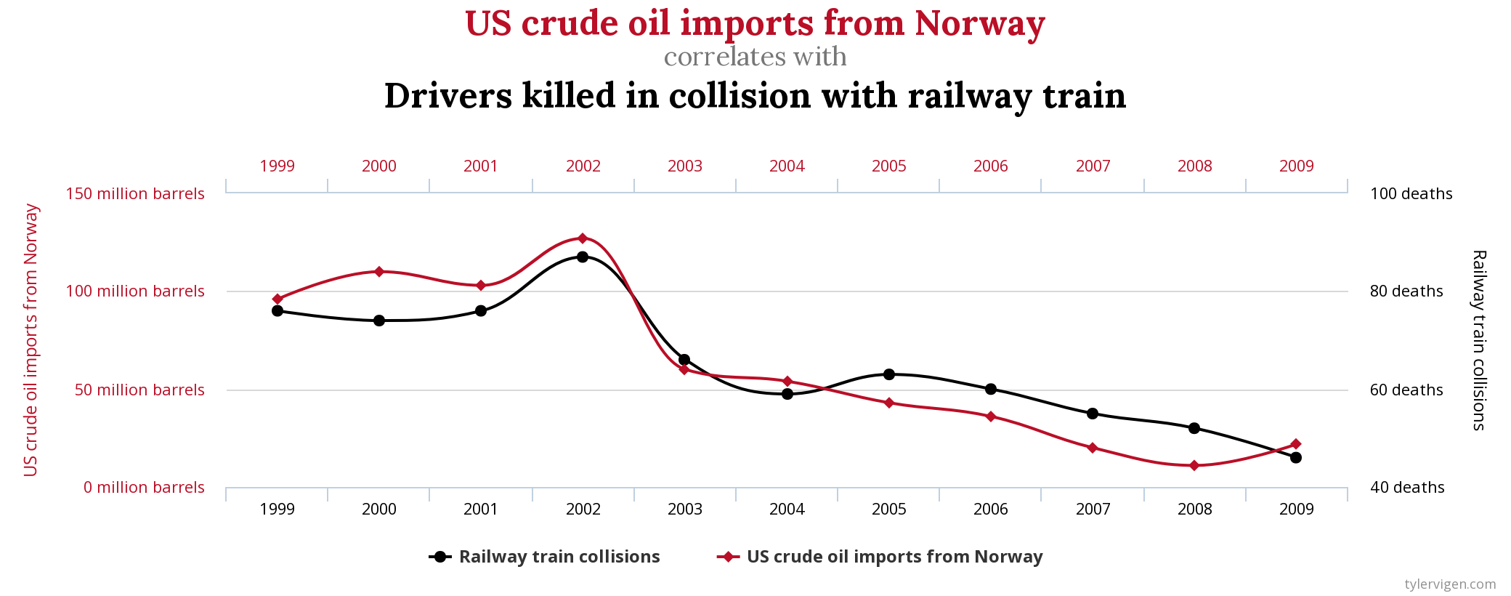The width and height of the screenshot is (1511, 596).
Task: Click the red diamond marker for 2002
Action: tap(582, 238)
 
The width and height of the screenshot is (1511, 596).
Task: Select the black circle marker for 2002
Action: tap(582, 257)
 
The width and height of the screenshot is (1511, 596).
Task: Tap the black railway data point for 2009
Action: tap(1296, 457)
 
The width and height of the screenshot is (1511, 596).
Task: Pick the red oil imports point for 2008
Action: tap(1194, 465)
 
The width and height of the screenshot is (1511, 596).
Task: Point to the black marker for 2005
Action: tap(889, 374)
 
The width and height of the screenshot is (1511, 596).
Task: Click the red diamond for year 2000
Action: tap(378, 272)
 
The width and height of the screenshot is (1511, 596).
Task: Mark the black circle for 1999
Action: tap(278, 310)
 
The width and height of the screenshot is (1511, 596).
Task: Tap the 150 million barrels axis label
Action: tap(135, 194)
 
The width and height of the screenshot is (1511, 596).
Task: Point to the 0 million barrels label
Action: tap(144, 488)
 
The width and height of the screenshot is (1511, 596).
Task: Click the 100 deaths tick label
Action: tap(1411, 194)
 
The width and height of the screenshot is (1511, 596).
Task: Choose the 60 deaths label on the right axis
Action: tap(1406, 390)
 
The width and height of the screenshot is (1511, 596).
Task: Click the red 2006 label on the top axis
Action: tap(991, 166)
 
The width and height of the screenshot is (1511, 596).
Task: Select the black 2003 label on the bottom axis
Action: tap(685, 510)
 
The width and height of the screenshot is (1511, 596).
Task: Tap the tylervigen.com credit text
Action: tap(1450, 584)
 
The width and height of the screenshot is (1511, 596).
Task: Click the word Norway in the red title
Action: tap(979, 23)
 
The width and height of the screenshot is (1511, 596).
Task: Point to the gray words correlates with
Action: tap(755, 57)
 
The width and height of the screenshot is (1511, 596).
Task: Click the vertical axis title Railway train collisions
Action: tap(1479, 340)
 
